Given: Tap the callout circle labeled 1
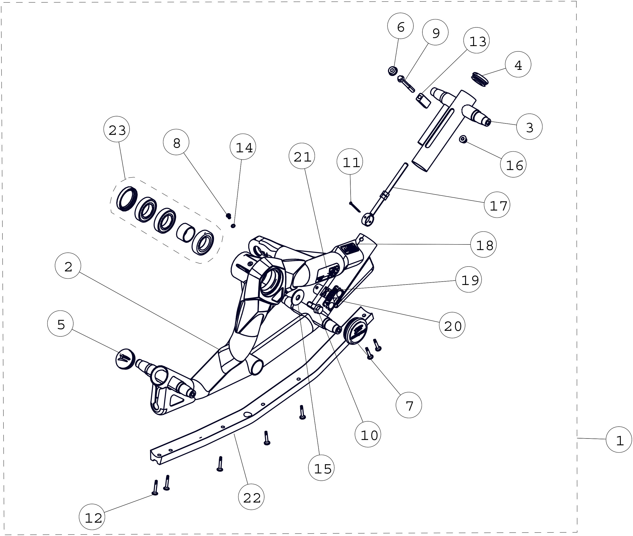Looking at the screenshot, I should [x=619, y=440].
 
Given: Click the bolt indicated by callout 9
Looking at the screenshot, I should [x=406, y=84].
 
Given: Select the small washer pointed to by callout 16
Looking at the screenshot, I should [x=463, y=139].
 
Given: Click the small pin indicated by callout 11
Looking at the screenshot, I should [x=355, y=207].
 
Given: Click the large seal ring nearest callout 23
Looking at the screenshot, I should [x=127, y=199].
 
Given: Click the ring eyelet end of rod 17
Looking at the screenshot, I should [x=367, y=219].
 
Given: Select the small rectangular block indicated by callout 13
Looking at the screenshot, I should [x=423, y=101].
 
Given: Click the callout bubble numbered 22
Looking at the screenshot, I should [x=251, y=497].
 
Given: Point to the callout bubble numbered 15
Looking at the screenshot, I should [x=321, y=468].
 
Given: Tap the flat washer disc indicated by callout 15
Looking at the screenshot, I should [x=297, y=297].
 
